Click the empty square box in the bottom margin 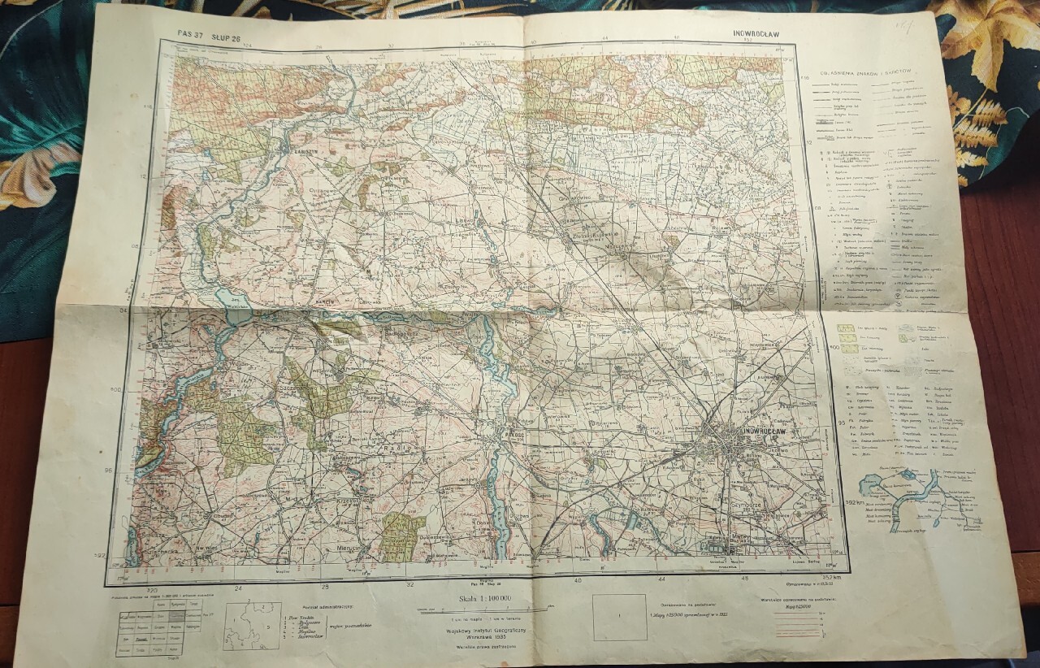click(x=619, y=617)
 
